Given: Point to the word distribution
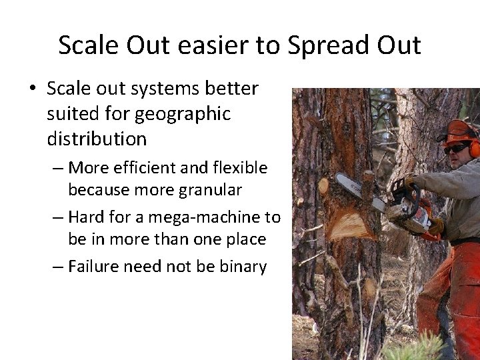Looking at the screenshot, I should (96, 140).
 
